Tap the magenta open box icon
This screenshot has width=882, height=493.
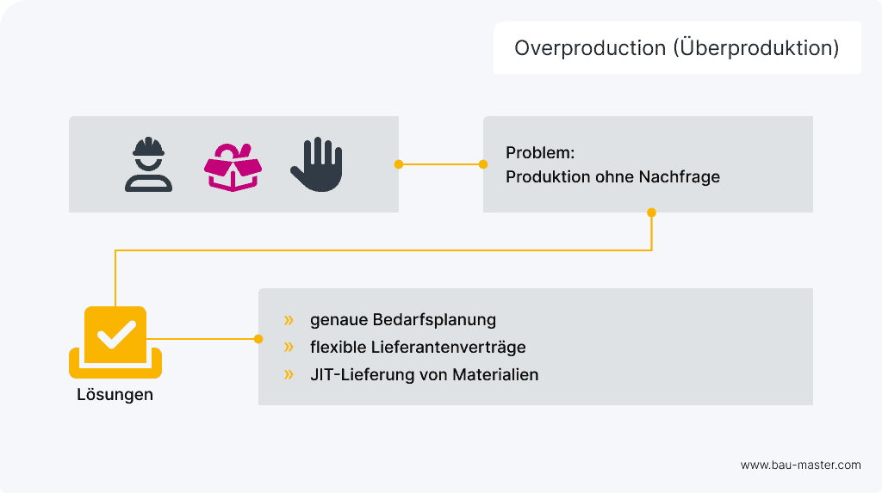pos(233,164)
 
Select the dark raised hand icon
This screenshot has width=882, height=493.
pos(316,164)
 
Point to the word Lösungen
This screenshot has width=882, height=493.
pos(115,395)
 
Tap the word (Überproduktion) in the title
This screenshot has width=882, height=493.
pos(755,48)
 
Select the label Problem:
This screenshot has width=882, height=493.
pos(540,153)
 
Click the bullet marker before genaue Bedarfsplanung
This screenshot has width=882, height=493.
pos(289,320)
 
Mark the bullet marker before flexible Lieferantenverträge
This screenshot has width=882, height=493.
pos(289,348)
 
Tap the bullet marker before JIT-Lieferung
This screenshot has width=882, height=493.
pos(289,375)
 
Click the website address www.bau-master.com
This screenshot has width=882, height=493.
pos(800,465)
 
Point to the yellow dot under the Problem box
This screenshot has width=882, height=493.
pos(651,212)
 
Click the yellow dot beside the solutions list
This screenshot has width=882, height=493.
pos(258,339)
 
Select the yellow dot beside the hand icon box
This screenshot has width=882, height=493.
pos(399,163)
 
